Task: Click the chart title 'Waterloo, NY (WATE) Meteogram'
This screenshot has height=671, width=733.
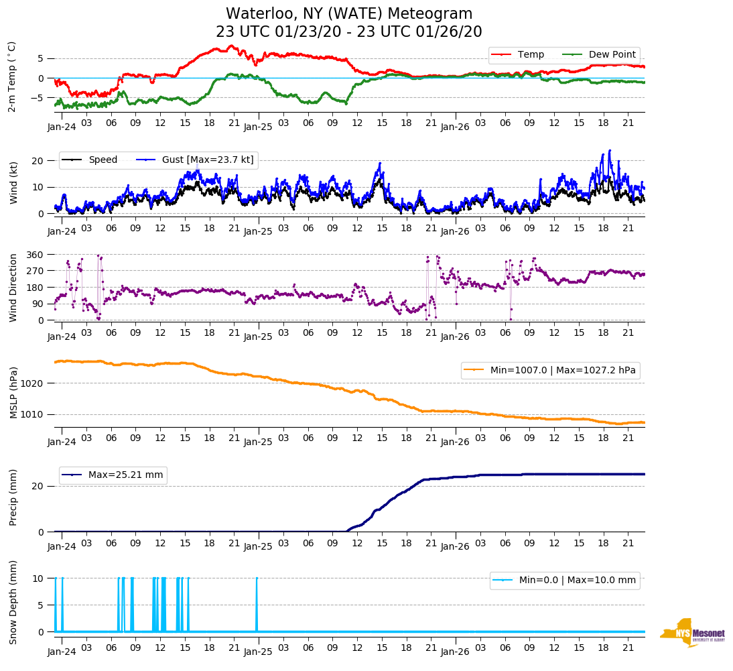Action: [348, 14]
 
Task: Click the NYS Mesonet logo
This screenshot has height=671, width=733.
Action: [692, 633]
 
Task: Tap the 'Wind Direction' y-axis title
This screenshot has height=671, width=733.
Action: [13, 287]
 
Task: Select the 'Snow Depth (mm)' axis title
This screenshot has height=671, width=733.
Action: [13, 603]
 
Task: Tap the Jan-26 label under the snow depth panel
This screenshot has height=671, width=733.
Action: [454, 652]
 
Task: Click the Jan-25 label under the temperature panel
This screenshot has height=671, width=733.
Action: [258, 126]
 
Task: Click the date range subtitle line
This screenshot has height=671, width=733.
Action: [348, 32]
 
